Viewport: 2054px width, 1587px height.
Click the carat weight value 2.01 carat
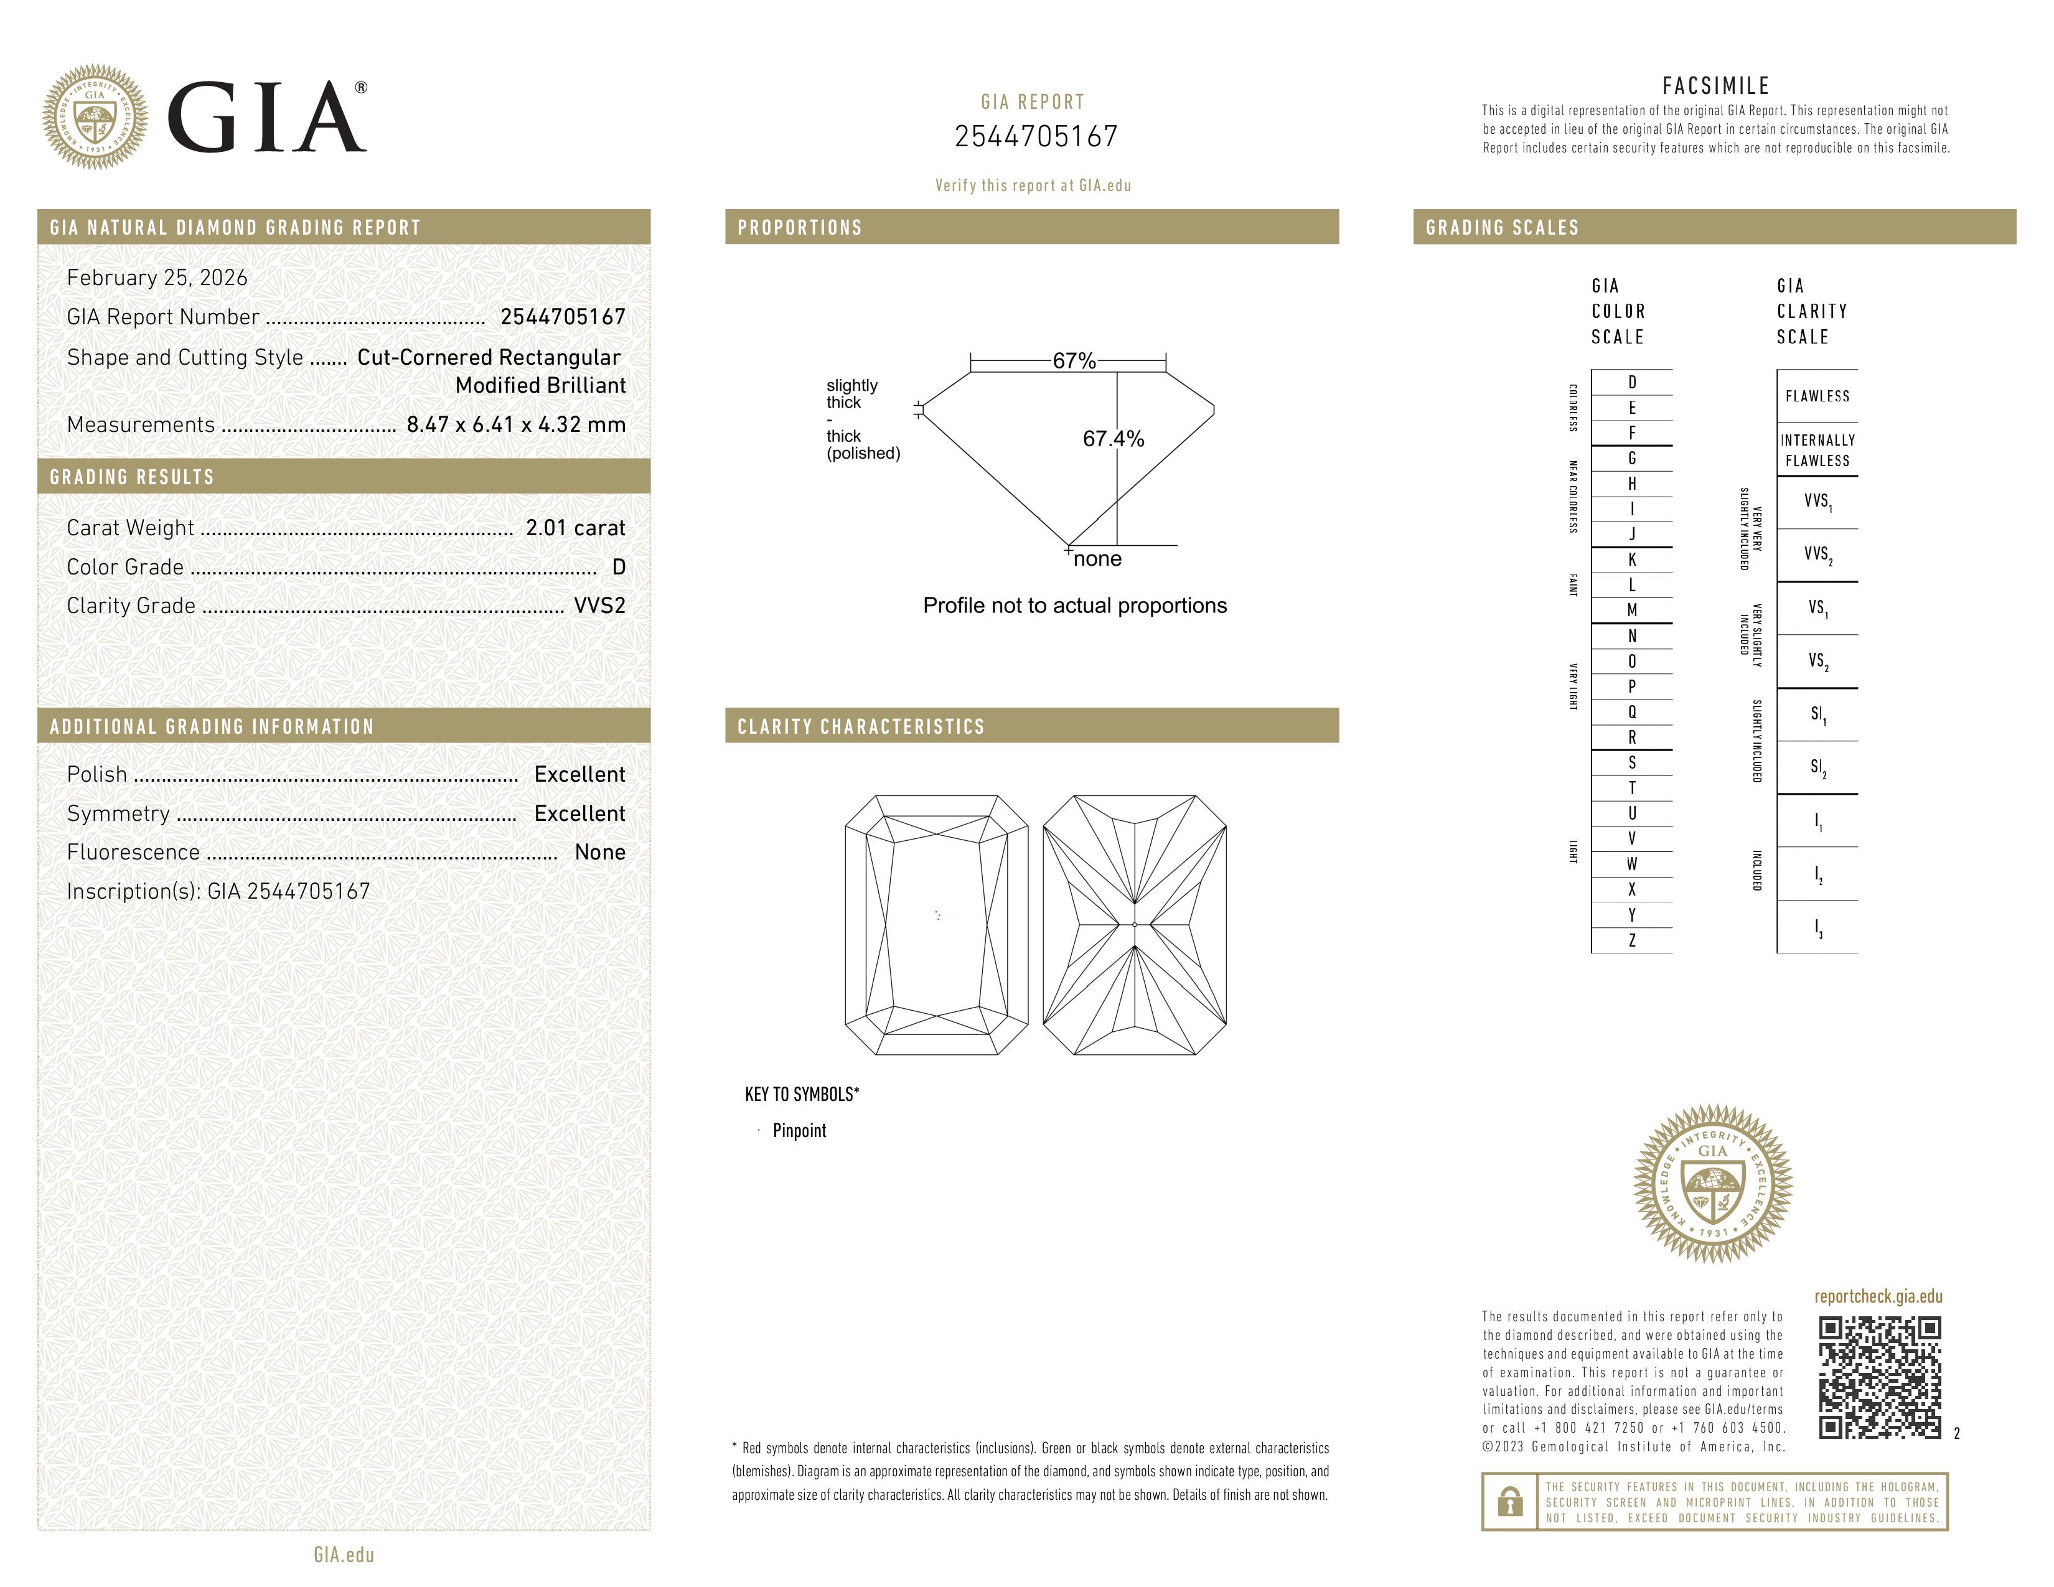tap(574, 528)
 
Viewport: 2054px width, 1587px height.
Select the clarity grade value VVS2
tap(599, 606)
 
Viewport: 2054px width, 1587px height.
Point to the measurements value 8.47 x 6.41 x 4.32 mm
tap(515, 425)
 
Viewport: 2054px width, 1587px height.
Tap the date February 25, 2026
tap(157, 278)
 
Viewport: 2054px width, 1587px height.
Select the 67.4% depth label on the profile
tap(1113, 439)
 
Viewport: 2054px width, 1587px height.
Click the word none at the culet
tap(1097, 559)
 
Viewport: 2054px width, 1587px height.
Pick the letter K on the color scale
tap(1632, 560)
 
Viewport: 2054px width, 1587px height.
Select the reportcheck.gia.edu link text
tap(1877, 1296)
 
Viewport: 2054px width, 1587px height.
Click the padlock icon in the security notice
tap(1509, 1502)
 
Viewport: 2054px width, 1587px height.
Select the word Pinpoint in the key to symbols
tap(799, 1131)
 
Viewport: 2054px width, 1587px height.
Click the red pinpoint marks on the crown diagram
tap(937, 915)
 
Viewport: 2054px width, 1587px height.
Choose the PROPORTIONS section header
tap(799, 228)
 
